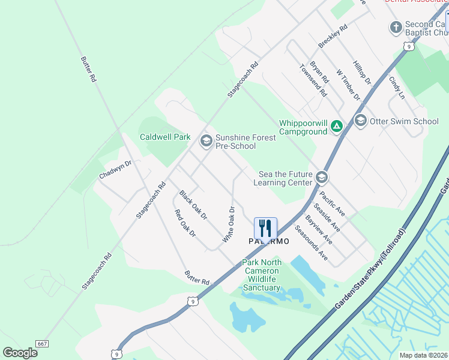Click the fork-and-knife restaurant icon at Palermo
click(265, 228)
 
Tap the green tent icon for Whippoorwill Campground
click(337, 127)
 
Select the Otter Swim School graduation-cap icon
click(360, 121)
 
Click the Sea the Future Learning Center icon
click(322, 177)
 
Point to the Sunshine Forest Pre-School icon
click(206, 141)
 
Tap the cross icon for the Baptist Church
click(396, 28)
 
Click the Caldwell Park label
click(165, 137)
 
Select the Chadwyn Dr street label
click(115, 169)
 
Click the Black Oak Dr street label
click(193, 204)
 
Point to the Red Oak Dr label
click(185, 223)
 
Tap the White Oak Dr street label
click(228, 224)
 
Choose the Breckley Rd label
click(333, 37)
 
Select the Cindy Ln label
click(397, 87)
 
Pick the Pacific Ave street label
click(332, 203)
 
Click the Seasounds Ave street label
click(311, 242)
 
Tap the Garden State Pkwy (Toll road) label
click(370, 268)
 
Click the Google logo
click(20, 353)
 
